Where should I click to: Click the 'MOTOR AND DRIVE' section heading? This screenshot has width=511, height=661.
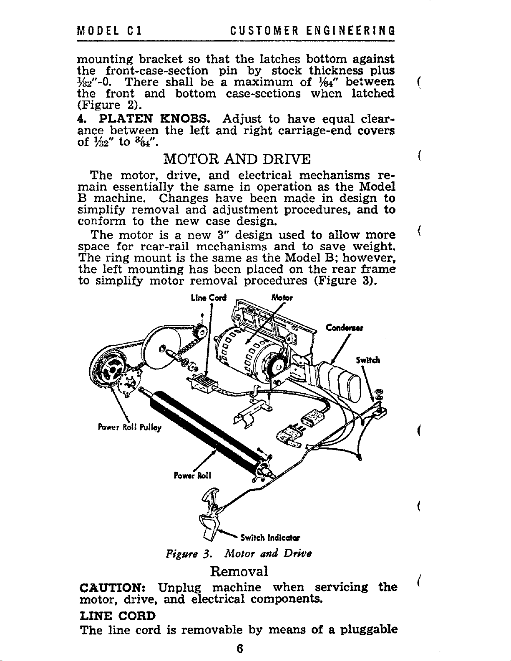click(x=237, y=159)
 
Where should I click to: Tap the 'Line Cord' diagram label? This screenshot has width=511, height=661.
click(x=208, y=298)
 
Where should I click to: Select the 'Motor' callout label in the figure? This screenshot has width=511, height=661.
click(x=282, y=298)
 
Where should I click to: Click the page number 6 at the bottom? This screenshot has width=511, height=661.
click(x=239, y=649)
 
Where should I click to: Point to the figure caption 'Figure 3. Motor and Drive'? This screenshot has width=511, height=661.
click(x=239, y=554)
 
